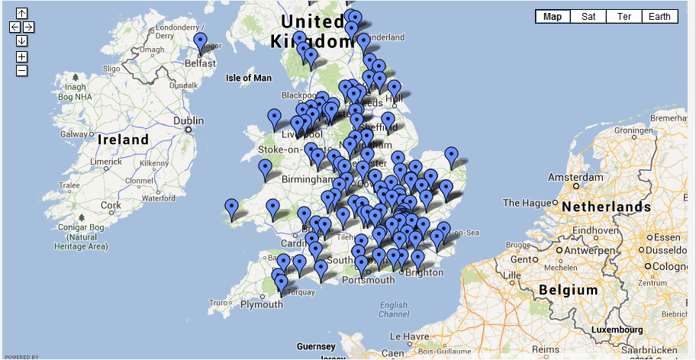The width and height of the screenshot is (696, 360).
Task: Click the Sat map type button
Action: point(588,17)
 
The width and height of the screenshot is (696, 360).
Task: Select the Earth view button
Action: point(659,17)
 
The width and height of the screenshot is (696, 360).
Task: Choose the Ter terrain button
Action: point(624,17)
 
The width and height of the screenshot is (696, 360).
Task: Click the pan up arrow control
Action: point(21,13)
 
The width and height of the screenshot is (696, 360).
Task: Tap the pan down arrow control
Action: point(21,41)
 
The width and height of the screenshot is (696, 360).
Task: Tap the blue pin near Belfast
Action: point(200,43)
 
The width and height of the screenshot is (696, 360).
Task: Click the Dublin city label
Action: point(188,121)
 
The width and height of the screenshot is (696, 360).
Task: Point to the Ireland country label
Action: point(124,140)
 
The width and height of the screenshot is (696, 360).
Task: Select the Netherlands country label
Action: point(606,207)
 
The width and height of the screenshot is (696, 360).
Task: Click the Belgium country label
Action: point(568,290)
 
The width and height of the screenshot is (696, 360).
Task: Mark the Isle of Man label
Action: point(249,78)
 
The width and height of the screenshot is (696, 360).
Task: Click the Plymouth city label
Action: point(261,304)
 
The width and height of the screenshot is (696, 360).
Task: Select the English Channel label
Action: point(393,310)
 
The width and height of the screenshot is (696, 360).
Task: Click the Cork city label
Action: point(111,205)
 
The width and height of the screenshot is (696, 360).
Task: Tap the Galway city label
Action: point(75,134)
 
